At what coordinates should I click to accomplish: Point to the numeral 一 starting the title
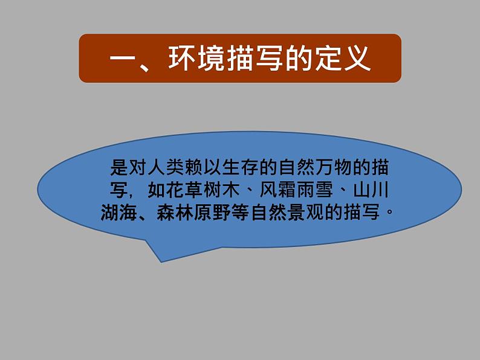coord(123,59)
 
